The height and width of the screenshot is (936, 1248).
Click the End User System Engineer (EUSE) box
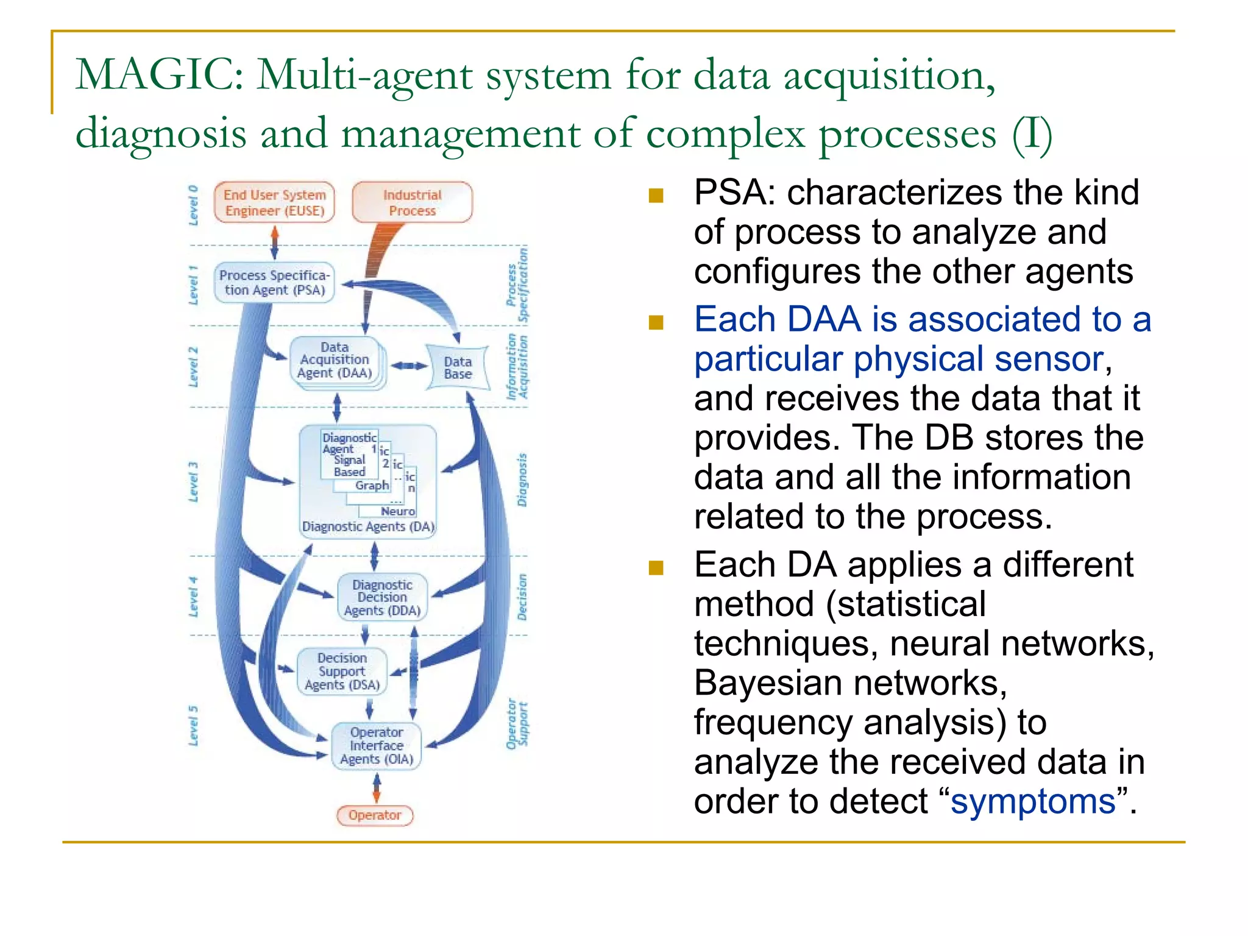click(274, 202)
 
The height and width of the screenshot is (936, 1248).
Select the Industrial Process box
click(412, 202)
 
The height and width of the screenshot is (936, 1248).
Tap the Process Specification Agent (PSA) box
click(274, 283)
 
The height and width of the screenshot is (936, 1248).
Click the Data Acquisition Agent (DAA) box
click(335, 361)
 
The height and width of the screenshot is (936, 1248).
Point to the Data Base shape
click(458, 367)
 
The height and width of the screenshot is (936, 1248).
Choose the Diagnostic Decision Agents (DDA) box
click(382, 597)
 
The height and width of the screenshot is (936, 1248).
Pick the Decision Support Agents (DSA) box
click(342, 671)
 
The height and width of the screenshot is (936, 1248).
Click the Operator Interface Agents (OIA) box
click(376, 745)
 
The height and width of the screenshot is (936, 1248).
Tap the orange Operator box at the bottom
click(375, 815)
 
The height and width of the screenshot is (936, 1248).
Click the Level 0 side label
click(194, 205)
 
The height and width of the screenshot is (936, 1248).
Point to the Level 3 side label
click(194, 481)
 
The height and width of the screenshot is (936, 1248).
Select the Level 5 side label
click(194, 725)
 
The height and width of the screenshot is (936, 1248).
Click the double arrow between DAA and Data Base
click(408, 366)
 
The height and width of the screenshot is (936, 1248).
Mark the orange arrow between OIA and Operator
click(377, 788)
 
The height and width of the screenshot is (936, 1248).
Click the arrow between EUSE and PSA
click(275, 243)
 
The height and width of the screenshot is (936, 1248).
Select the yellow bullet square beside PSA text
click(656, 196)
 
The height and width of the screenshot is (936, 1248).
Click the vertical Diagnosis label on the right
click(522, 480)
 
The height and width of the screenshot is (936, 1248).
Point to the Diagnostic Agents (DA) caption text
click(368, 526)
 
